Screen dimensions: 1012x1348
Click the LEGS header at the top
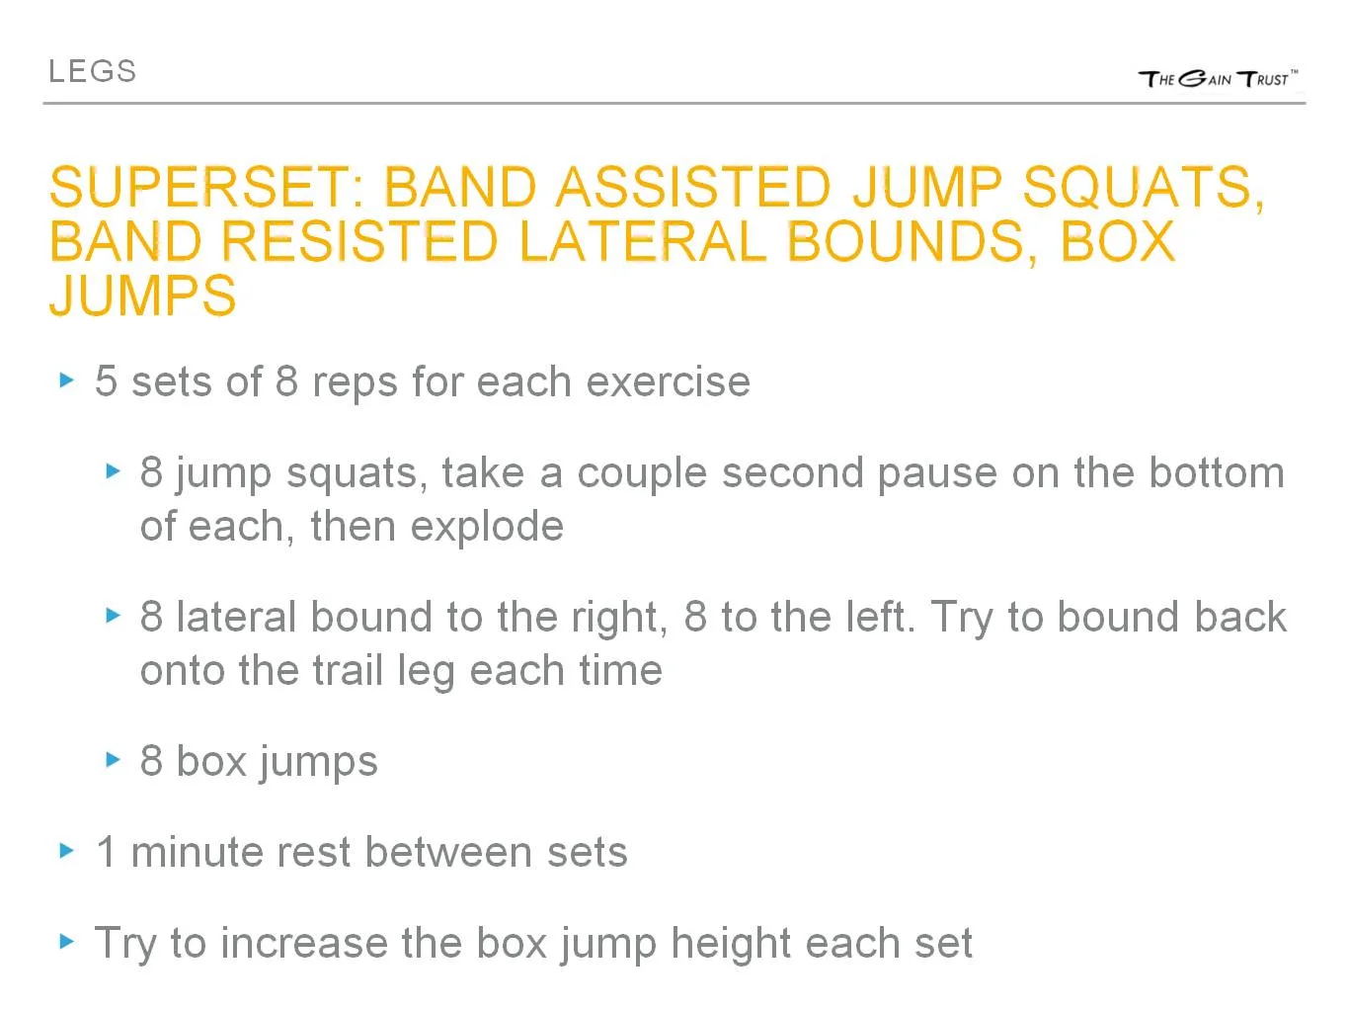click(x=92, y=71)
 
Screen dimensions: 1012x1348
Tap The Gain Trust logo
click(x=1218, y=79)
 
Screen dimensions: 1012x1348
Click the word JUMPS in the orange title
click(x=143, y=295)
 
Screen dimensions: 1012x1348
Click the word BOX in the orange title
click(x=1117, y=242)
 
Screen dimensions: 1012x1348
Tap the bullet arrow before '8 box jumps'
click(x=113, y=760)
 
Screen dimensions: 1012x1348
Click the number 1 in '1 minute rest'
click(x=107, y=852)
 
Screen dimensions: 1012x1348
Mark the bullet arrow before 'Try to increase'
click(x=67, y=942)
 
